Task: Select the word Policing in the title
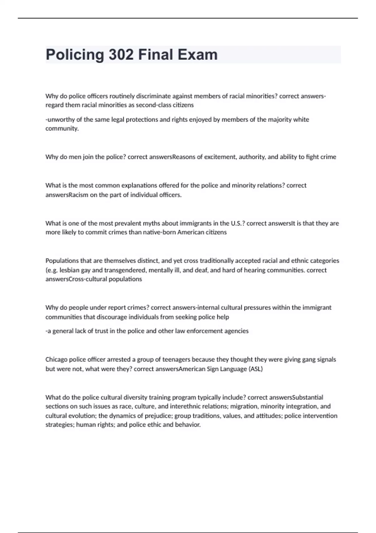click(75, 55)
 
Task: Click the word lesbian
click(69, 270)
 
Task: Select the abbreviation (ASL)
click(256, 369)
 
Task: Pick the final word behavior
click(188, 425)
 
